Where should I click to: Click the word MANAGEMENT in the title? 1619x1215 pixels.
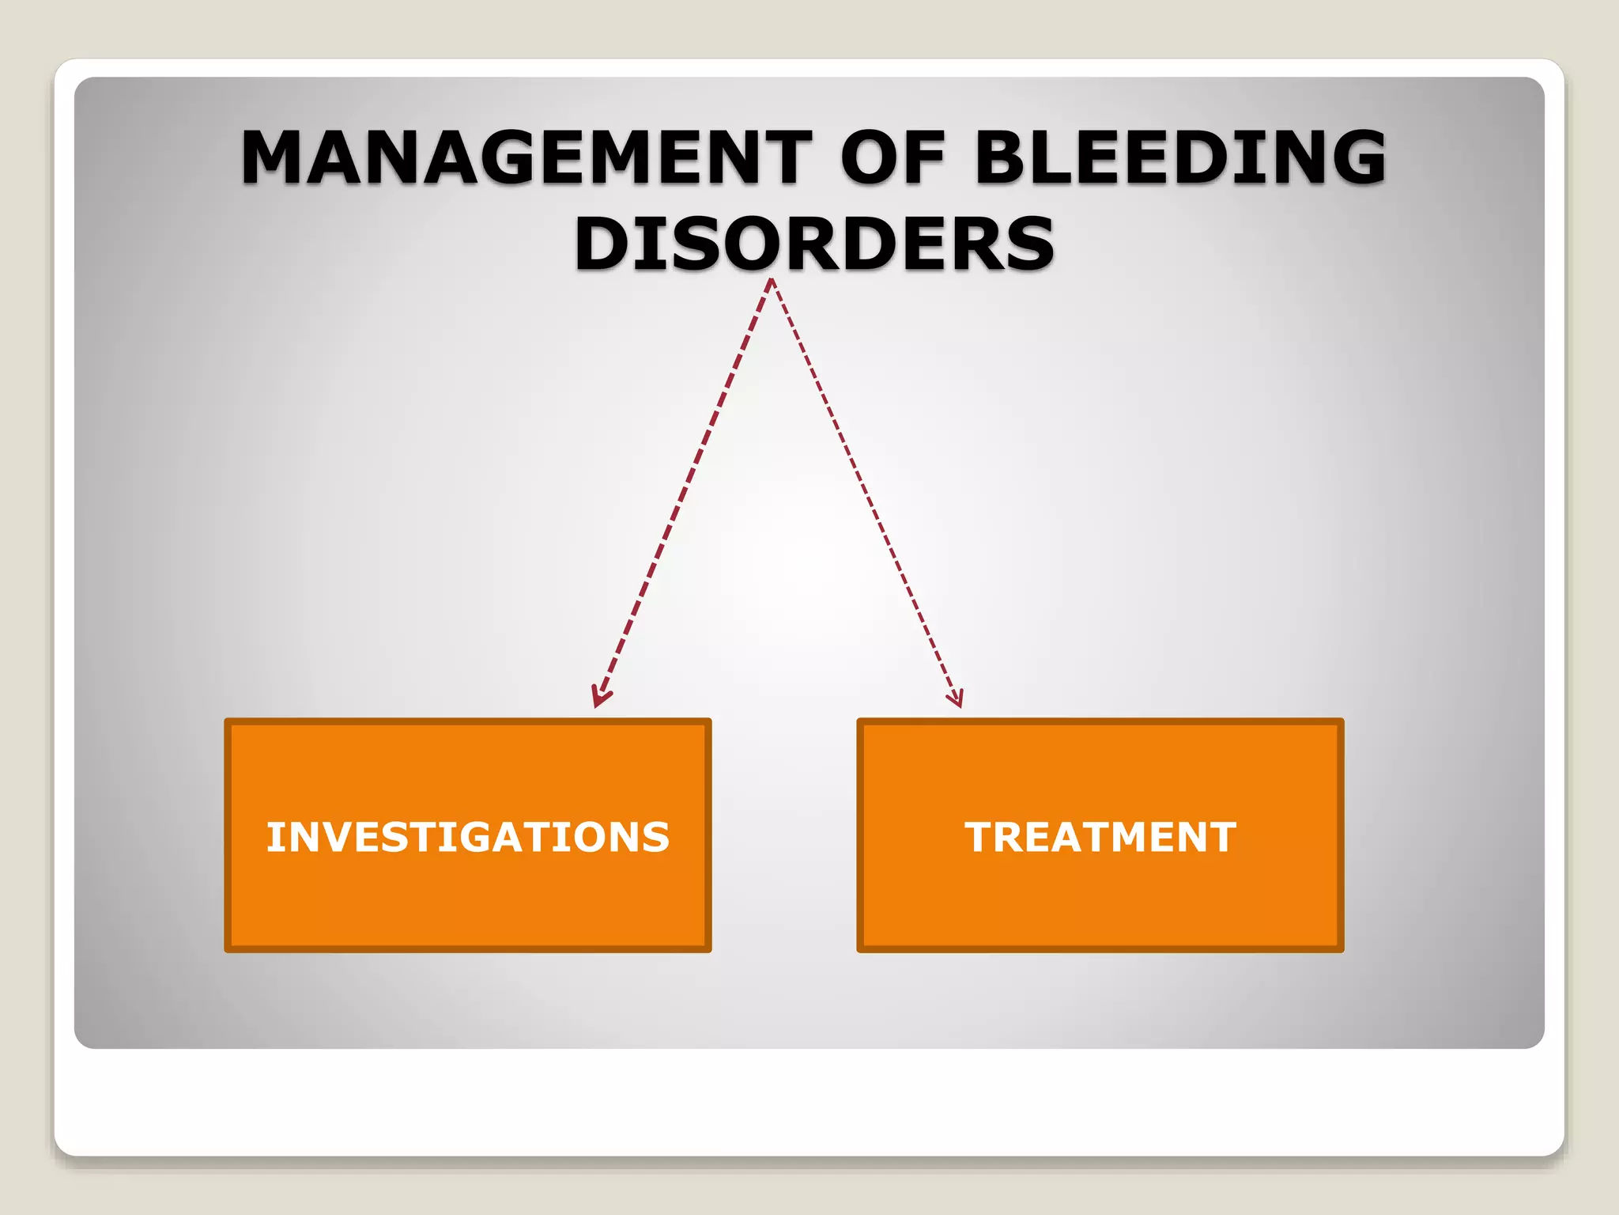tap(526, 157)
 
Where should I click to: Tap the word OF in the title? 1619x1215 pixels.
tap(893, 157)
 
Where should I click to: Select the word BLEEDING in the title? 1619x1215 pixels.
tap(1179, 157)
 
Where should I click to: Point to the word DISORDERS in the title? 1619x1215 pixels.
tap(814, 244)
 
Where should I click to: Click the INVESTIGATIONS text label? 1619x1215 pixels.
tap(468, 837)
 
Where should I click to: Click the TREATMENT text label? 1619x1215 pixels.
tap(1100, 837)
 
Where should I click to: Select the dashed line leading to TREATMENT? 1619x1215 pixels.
tap(863, 490)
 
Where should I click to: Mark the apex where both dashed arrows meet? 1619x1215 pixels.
tap(772, 281)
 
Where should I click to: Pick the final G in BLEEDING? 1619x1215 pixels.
tap(1353, 157)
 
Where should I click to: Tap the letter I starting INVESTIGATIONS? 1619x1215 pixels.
tap(274, 837)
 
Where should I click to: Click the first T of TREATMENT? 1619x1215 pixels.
tap(979, 837)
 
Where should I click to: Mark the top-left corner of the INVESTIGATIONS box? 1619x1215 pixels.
tap(227, 721)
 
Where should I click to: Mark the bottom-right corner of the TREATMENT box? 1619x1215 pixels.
tap(1342, 950)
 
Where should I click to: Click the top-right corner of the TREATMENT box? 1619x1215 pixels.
tap(1342, 721)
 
